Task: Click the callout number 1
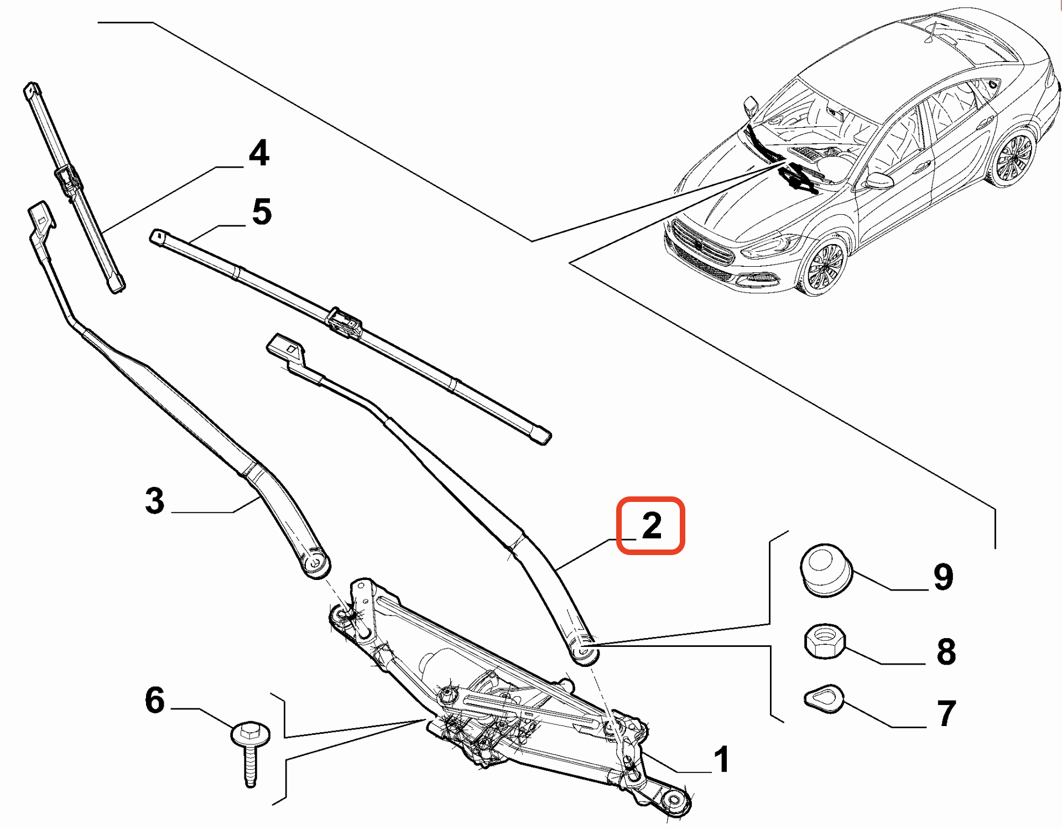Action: [722, 759]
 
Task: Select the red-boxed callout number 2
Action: [652, 525]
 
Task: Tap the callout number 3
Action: [155, 500]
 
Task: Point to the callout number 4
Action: [259, 153]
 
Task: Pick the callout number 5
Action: [262, 211]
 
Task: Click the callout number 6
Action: [155, 700]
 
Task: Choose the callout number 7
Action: [946, 713]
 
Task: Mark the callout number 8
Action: [946, 651]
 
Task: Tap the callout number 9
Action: [944, 577]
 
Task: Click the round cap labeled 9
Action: [826, 570]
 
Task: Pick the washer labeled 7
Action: [824, 698]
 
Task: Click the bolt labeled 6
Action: [251, 754]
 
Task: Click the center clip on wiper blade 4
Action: [67, 180]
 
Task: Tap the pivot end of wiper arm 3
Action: [315, 563]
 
